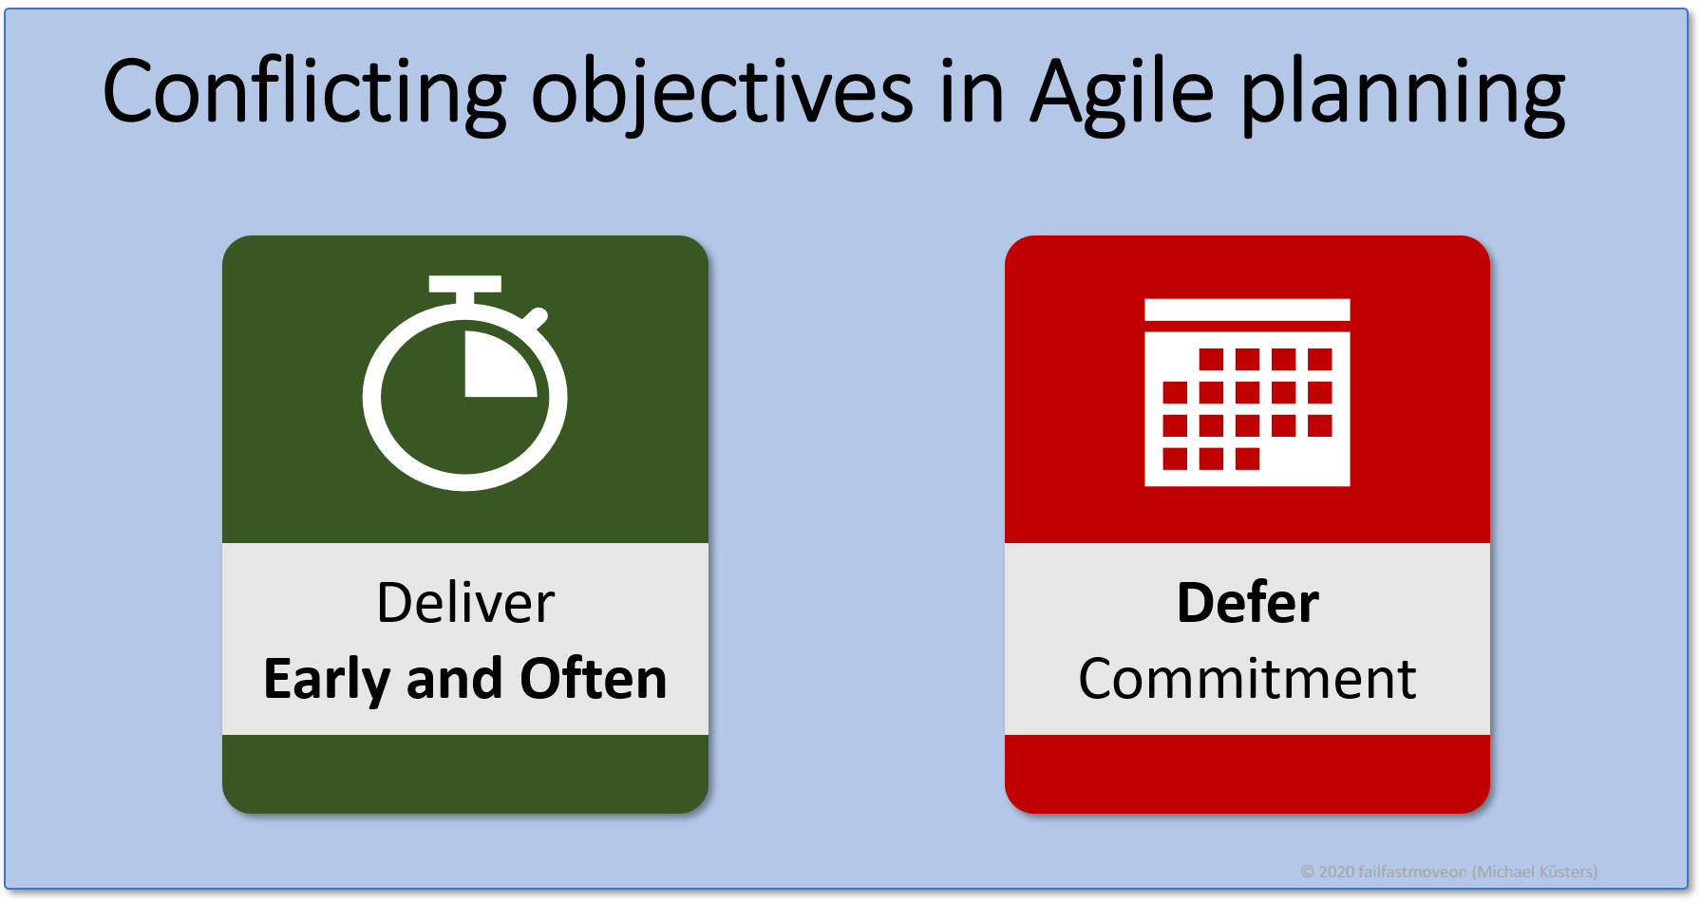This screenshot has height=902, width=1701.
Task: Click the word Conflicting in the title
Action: pos(304,92)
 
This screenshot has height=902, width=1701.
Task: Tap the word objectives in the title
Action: pos(722,92)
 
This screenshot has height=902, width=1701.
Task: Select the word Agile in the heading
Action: pos(1123,92)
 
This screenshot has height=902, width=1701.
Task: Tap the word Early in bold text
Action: pos(327,679)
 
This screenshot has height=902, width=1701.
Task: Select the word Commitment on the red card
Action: pos(1247,679)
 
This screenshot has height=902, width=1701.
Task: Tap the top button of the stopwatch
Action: pos(464,284)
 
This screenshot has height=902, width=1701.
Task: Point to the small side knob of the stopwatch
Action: pos(537,317)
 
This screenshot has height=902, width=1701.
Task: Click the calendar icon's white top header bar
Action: pos(1247,310)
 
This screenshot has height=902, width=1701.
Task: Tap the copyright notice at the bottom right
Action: pos(1448,872)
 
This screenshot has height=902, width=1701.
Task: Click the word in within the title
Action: pos(972,92)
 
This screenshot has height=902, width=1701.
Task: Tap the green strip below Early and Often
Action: pos(465,773)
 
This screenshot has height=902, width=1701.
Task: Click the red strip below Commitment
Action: pos(1247,773)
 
